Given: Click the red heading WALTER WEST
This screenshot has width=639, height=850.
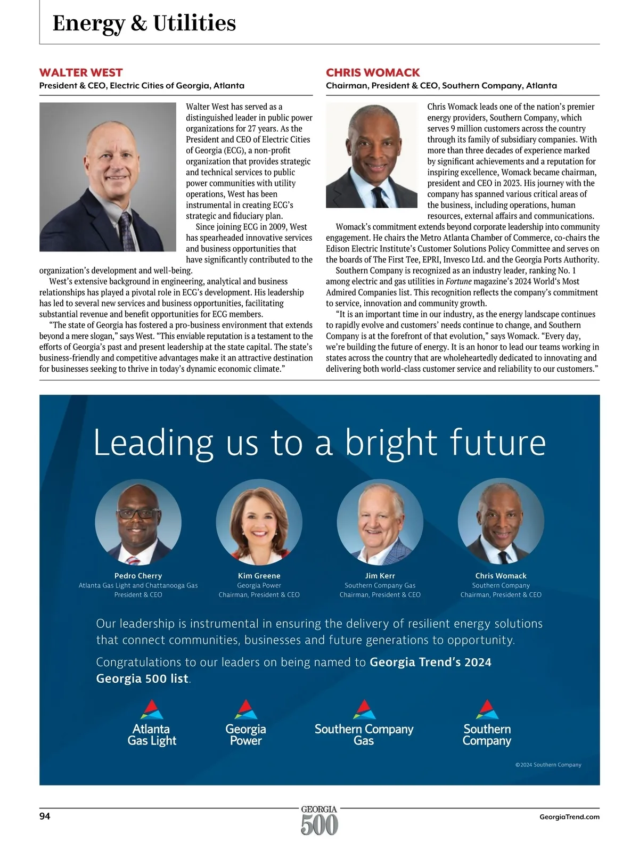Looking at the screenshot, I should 81,72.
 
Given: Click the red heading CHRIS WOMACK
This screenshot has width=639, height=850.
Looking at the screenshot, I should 373,72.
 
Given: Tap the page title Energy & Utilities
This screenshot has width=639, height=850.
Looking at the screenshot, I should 144,23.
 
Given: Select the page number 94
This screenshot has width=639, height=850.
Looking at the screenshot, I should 45,816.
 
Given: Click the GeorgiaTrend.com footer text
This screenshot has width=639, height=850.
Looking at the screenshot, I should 569,816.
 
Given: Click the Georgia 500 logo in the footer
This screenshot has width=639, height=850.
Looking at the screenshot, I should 319,820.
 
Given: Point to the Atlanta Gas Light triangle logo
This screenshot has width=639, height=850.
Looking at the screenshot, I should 152,710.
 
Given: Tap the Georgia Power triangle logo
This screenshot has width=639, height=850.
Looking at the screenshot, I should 245,710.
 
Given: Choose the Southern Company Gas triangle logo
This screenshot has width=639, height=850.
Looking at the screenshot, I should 364,710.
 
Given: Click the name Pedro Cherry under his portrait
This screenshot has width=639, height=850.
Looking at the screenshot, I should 138,576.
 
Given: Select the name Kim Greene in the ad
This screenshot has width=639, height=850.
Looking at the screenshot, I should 259,576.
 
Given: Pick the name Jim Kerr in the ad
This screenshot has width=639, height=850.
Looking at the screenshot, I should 380,576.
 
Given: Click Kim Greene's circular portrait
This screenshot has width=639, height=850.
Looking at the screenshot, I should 259,521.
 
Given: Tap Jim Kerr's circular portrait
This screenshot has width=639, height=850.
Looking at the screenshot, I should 380,521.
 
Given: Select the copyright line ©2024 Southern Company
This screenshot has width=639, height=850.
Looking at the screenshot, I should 548,765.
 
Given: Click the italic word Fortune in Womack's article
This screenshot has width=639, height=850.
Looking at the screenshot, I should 458,281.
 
